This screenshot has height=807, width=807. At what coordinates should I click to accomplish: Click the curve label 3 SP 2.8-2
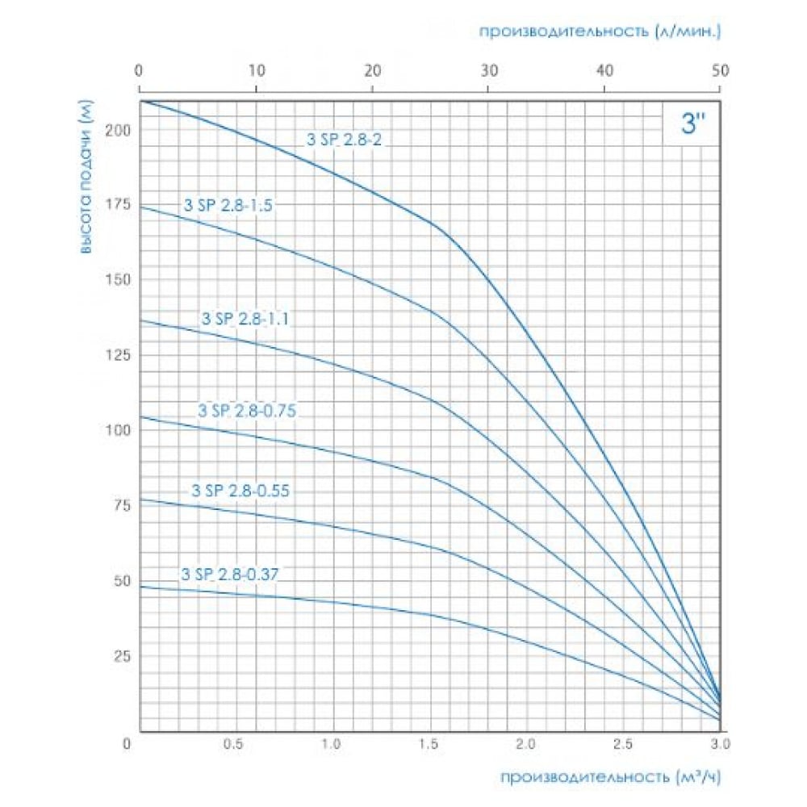(x=345, y=140)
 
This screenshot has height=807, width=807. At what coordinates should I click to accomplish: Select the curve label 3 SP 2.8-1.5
(x=228, y=205)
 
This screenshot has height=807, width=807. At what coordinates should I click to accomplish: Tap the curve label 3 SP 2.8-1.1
(x=245, y=319)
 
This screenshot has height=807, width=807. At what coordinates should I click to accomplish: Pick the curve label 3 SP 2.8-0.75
(x=247, y=411)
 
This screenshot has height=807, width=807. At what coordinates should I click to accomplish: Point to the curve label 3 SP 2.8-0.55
(x=240, y=491)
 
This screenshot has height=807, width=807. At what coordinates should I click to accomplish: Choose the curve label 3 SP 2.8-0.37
(x=229, y=574)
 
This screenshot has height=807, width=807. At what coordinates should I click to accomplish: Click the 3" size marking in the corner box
(x=692, y=124)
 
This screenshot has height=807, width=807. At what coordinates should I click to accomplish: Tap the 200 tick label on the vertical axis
(x=118, y=130)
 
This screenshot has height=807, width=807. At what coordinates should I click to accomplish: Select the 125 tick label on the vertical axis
(x=118, y=355)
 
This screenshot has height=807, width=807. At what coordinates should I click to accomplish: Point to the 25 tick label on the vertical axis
(x=122, y=656)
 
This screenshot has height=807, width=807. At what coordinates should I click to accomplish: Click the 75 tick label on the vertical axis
(x=122, y=505)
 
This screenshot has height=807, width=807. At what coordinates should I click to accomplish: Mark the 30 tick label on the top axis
(x=489, y=70)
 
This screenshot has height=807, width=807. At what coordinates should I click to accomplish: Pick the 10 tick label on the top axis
(x=257, y=70)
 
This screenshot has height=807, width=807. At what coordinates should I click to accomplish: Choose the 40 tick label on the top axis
(x=604, y=70)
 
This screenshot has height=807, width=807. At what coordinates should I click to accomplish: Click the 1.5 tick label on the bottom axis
(x=429, y=744)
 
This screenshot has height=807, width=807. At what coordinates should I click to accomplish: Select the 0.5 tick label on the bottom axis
(x=234, y=744)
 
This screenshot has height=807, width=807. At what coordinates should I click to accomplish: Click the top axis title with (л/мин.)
(x=600, y=31)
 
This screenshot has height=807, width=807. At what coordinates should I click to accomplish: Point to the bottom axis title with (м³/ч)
(x=611, y=776)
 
